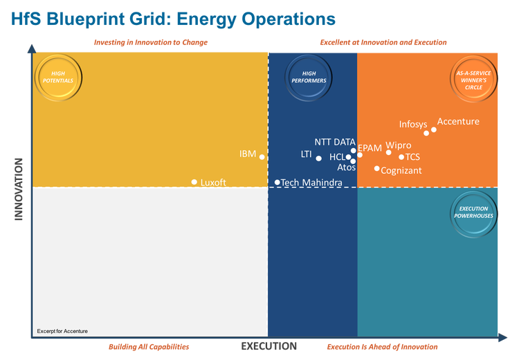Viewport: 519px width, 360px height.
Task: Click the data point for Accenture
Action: [x=434, y=129]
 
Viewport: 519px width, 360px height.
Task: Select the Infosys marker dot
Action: [x=426, y=133]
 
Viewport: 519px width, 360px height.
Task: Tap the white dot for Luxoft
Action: [x=194, y=182]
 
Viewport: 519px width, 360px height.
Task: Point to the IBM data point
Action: [x=262, y=157]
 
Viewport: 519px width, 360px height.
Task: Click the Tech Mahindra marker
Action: [x=277, y=183]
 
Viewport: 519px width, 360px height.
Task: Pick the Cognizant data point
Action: [x=377, y=168]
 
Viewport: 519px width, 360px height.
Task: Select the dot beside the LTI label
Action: [x=318, y=159]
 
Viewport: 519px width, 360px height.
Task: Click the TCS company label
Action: [x=412, y=157]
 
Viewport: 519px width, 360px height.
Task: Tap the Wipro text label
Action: [x=399, y=146]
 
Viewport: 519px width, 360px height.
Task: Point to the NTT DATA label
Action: [x=335, y=142]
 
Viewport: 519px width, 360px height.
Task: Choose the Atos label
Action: [x=346, y=168]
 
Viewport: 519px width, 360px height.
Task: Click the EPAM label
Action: [x=370, y=148]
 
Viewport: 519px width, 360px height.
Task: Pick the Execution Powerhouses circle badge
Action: [x=473, y=212]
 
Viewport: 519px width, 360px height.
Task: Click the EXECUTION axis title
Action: [x=269, y=346]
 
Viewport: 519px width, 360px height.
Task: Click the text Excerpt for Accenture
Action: [x=62, y=332]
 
